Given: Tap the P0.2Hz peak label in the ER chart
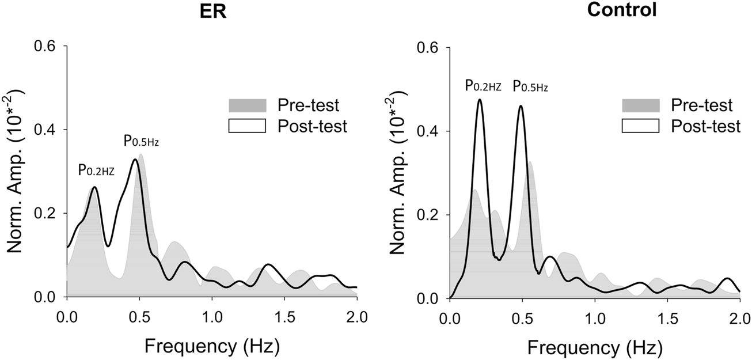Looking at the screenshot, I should coord(96,170).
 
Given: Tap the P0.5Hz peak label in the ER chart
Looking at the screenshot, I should coord(141,141).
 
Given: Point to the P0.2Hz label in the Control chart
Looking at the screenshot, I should coord(484,87).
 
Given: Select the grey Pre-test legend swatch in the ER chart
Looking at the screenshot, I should coord(247,105).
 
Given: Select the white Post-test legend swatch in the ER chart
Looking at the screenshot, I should coord(247,126).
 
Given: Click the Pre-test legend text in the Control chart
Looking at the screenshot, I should coord(700,106).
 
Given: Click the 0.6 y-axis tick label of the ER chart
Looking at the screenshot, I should coord(47,46).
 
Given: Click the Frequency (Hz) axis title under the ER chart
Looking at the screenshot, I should coord(212,346).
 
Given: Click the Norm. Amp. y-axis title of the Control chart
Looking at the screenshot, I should coord(398,173).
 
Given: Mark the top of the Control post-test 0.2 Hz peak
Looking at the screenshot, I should coord(479,100).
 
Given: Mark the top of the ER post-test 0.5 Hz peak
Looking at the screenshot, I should coord(135,160).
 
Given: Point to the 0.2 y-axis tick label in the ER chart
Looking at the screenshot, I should coord(47,213).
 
